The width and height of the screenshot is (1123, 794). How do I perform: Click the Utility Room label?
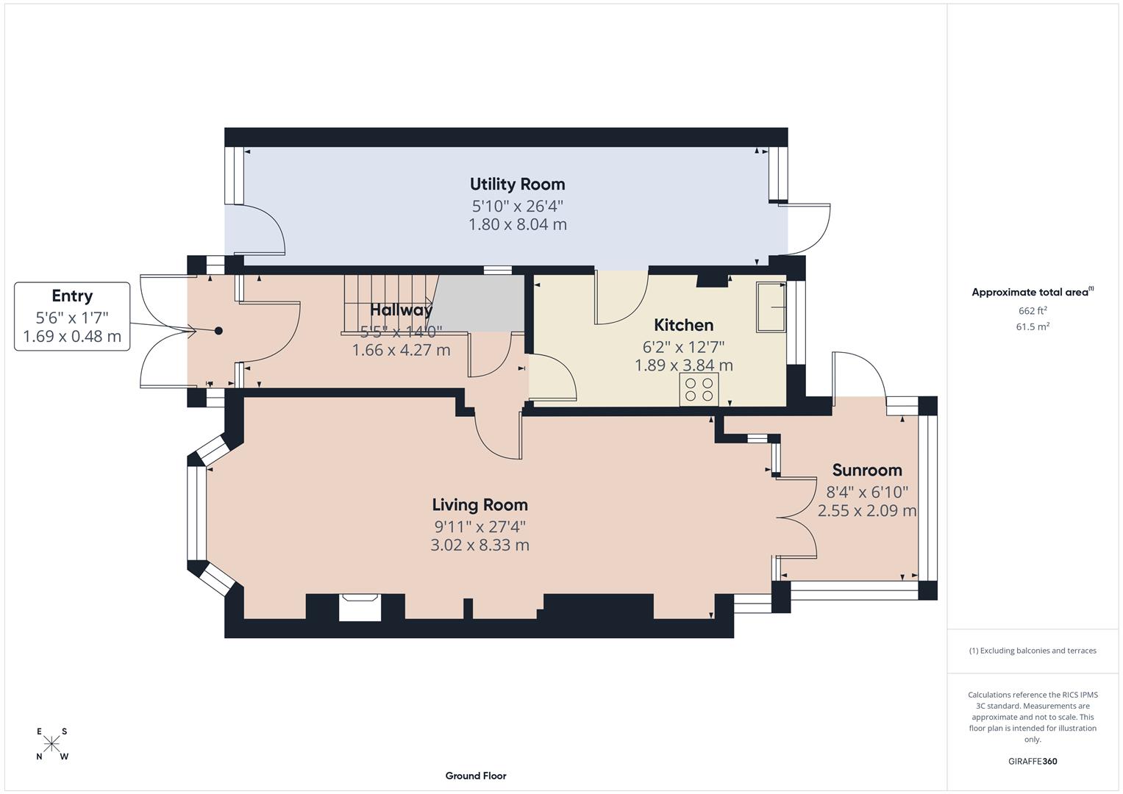point(517,184)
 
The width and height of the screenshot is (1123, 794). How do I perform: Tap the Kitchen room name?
point(683,325)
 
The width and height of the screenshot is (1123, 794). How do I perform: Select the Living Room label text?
point(479,505)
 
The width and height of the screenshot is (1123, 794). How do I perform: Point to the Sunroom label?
point(866,471)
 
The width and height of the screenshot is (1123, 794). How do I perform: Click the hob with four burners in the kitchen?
point(699,389)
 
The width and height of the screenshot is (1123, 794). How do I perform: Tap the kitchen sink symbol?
point(771,306)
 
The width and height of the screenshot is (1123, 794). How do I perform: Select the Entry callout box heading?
point(72,296)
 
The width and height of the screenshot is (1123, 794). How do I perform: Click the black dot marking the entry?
point(218,331)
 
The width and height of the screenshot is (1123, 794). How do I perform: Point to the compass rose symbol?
point(51,744)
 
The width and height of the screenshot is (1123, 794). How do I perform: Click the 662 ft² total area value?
point(1032,311)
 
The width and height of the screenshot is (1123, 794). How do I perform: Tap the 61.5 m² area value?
point(1032,327)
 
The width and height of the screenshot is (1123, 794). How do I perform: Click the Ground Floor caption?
point(475,776)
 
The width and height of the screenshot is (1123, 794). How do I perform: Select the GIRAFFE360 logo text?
point(1032,762)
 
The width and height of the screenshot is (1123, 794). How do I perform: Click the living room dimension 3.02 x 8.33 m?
point(479,546)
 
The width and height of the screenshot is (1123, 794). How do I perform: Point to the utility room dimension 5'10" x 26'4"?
point(517,207)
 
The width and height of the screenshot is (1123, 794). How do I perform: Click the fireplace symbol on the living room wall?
point(360,607)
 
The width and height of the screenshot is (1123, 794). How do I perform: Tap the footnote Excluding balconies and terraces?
point(1032,651)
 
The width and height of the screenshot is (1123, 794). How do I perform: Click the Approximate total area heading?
point(1032,293)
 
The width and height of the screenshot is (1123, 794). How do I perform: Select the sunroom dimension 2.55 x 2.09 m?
point(866,510)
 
